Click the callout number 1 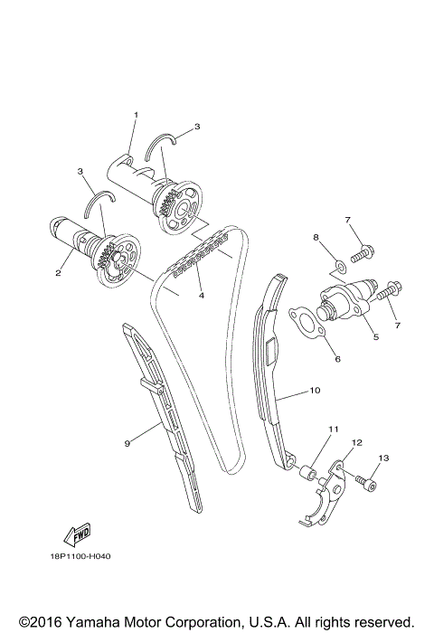136,115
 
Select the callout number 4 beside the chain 202,296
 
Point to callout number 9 127,443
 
